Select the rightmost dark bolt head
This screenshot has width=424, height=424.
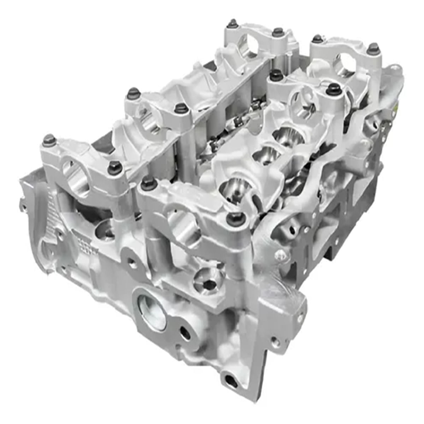point(373,48)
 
